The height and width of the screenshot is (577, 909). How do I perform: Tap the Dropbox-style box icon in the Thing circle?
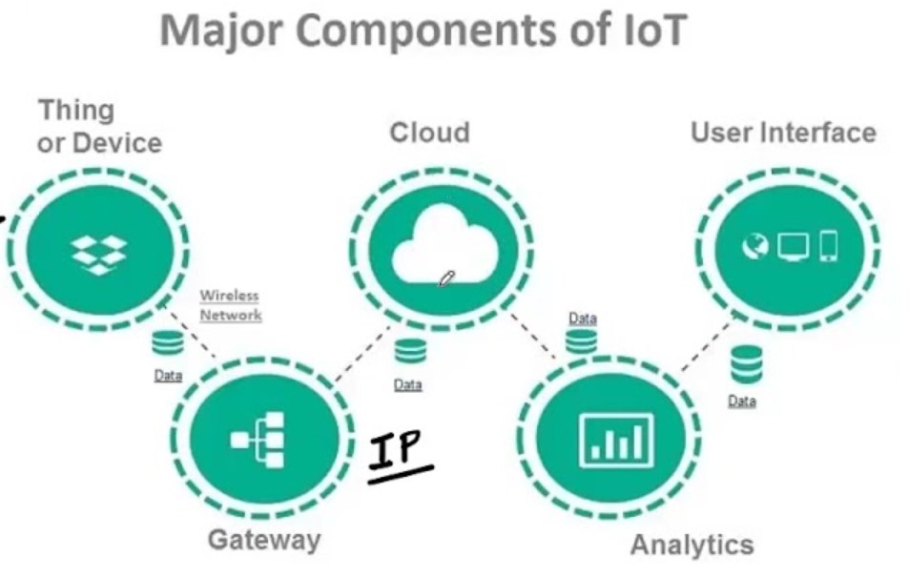pos(99,253)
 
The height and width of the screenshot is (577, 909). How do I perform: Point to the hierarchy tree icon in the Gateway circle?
pos(258,440)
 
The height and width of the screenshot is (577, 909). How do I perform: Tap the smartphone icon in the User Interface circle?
pos(827,246)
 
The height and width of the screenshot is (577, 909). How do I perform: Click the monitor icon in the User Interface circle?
pos(793,246)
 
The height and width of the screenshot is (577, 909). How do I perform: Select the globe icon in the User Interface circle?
pos(755,246)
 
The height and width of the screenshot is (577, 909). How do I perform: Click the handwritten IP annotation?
pos(399,453)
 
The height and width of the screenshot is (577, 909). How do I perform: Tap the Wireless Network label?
pos(230,305)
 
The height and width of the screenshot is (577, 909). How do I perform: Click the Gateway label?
pos(264,540)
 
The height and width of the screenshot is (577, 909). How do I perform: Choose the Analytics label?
pos(692,545)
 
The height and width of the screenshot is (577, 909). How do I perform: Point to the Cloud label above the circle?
pos(429,132)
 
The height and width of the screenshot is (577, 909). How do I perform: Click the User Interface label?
pos(783,132)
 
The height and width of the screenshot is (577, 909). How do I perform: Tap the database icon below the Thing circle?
pos(167,344)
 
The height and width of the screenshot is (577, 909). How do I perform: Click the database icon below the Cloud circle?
pos(410,350)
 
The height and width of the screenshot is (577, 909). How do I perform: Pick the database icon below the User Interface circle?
pos(746,364)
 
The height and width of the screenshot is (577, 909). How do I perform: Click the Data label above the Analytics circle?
pos(582,318)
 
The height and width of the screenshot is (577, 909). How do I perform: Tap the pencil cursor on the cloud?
pos(446,278)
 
